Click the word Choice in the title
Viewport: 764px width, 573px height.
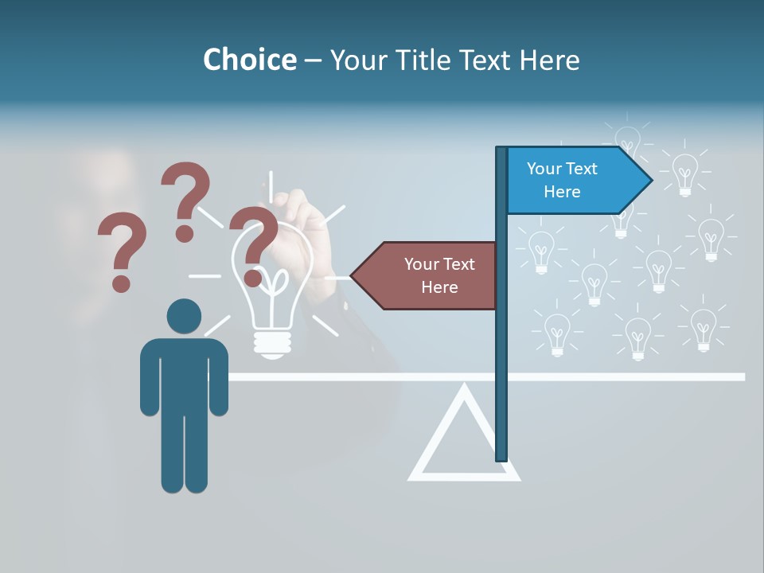click(249, 60)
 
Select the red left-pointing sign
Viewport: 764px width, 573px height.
click(430, 275)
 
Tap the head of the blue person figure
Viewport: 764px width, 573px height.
click(184, 316)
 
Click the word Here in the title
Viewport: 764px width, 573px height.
click(549, 60)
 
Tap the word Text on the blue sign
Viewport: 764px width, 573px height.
click(580, 169)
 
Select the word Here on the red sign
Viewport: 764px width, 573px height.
click(439, 287)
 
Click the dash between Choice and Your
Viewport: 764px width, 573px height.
click(313, 60)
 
